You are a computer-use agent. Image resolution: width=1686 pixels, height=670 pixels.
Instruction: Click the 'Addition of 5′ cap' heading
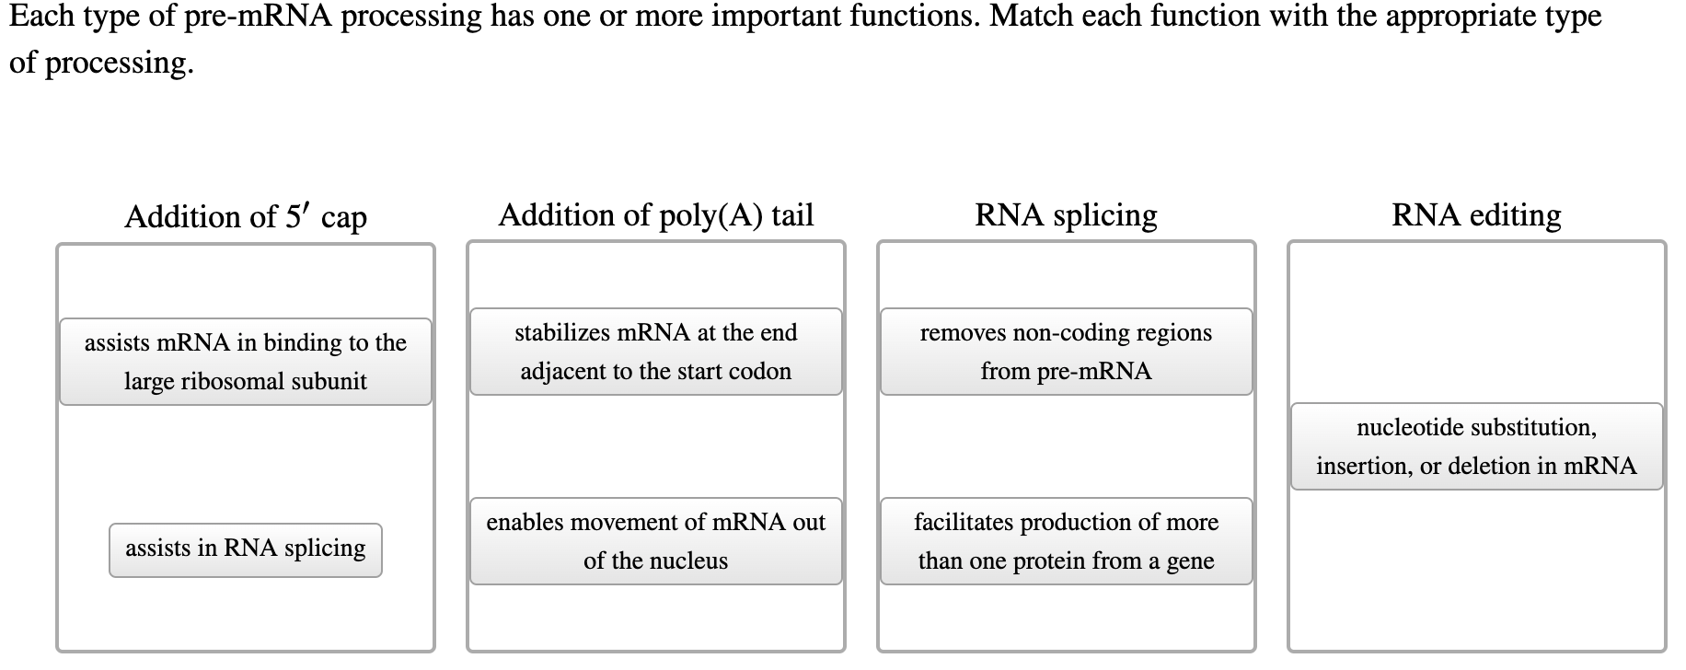point(246,217)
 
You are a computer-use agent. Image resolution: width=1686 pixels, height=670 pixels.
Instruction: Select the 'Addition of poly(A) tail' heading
point(656,215)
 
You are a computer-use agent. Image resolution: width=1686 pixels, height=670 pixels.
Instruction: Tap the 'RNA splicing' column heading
point(1066,215)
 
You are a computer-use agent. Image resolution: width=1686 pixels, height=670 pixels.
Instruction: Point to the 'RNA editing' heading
point(1476,215)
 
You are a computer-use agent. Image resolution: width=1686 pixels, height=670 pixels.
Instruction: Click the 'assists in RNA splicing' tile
point(246,549)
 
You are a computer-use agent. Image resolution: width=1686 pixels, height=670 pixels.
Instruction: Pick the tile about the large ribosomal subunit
point(246,362)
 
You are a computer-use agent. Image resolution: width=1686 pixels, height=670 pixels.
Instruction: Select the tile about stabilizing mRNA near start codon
point(656,352)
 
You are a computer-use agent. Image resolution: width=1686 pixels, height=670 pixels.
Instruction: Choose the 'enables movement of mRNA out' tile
point(656,541)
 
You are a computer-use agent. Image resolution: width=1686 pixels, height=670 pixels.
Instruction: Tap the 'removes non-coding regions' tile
point(1066,352)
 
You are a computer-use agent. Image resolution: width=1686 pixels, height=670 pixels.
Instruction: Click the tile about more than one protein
point(1066,541)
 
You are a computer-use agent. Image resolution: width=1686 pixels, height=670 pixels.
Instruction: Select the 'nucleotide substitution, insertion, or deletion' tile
point(1476,446)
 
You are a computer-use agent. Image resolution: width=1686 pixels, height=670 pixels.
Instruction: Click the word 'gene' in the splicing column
point(1190,560)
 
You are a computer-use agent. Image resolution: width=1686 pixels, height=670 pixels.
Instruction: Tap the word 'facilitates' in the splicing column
point(959,522)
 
